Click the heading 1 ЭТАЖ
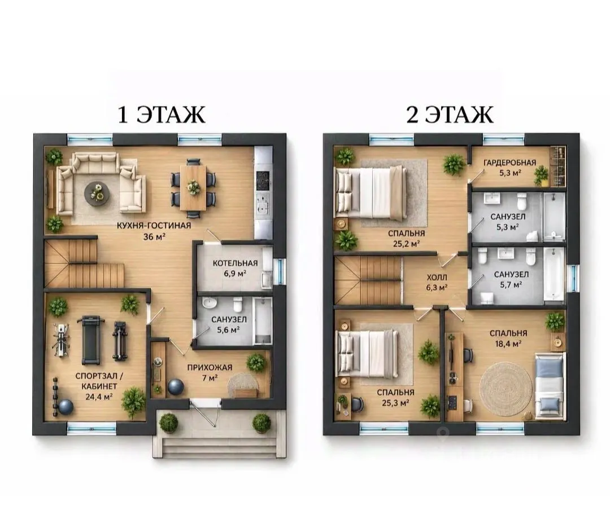point(162,115)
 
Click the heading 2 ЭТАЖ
point(450,115)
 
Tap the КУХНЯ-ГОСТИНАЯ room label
point(154,226)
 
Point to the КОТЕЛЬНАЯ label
point(235,263)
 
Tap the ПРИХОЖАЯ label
point(210,368)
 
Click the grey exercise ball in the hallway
point(176,387)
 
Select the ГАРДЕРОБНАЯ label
point(509,163)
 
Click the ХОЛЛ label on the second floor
point(437,278)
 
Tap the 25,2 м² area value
point(406,244)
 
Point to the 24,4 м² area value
point(99,397)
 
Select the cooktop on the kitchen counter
point(263,179)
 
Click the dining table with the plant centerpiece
point(193,188)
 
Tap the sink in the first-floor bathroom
point(210,303)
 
